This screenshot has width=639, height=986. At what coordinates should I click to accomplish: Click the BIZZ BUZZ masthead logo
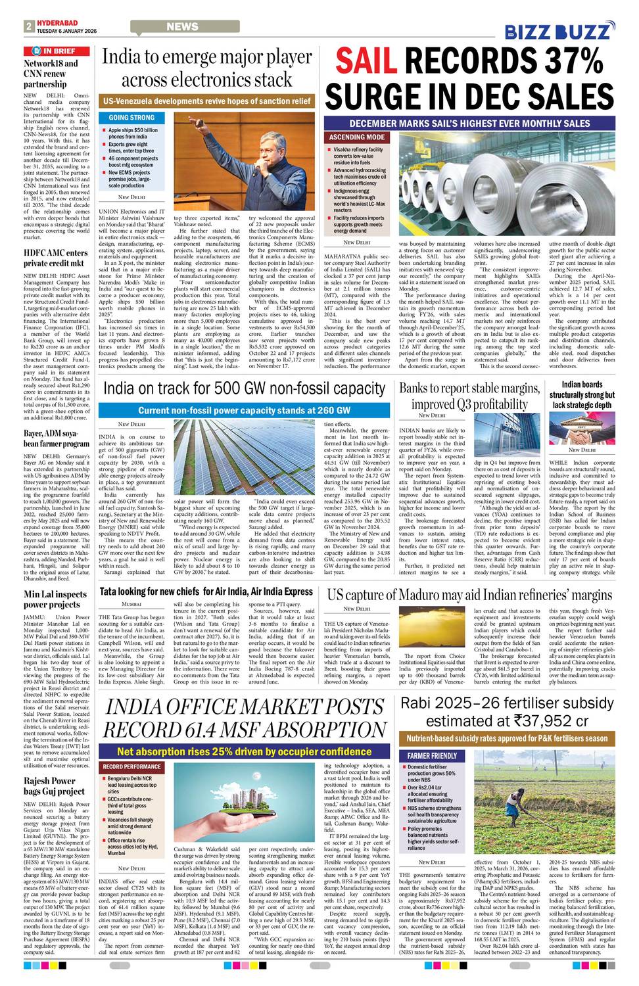[560, 32]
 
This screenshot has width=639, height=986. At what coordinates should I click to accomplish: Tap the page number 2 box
[29, 26]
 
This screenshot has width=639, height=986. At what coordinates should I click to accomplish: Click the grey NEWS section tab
[181, 27]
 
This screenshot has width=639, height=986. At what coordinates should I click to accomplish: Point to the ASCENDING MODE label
[357, 137]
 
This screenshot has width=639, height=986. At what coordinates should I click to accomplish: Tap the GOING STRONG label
[131, 118]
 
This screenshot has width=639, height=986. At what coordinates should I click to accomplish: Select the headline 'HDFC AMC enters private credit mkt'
[56, 258]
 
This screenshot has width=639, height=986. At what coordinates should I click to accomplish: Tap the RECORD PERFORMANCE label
[131, 766]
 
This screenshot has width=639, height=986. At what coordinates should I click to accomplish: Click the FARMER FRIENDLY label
[432, 756]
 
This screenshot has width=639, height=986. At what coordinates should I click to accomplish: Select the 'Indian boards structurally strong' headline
[582, 395]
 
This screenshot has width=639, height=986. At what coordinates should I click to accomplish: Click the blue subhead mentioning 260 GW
[245, 410]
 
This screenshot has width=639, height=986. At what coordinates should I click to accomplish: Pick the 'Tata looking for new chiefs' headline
[206, 592]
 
